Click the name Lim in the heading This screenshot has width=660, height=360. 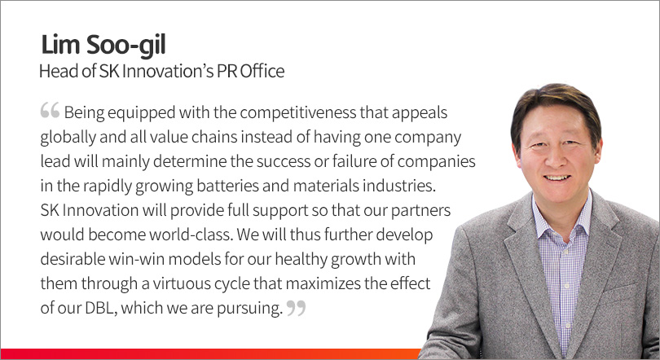[x=60, y=45]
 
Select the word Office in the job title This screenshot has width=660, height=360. [x=262, y=71]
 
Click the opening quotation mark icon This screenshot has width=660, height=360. [x=50, y=110]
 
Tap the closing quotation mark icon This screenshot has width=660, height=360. [x=297, y=308]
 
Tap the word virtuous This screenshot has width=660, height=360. [x=181, y=283]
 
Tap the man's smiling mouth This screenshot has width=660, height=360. [x=557, y=178]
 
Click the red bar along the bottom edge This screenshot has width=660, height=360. [x=210, y=353]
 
